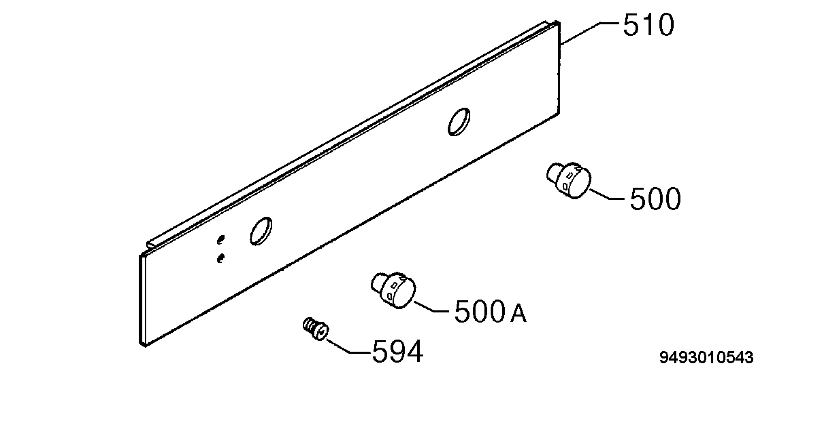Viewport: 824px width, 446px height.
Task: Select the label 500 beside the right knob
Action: (x=655, y=199)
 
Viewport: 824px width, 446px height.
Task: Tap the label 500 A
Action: (x=491, y=311)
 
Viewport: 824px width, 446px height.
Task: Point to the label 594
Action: (x=398, y=352)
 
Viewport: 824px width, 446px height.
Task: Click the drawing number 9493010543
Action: (x=706, y=357)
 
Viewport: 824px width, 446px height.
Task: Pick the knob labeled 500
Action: (x=569, y=180)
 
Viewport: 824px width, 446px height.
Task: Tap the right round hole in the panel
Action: (x=459, y=122)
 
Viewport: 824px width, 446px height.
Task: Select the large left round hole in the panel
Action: (x=261, y=231)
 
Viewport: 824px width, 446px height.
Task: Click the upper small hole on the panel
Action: (x=221, y=239)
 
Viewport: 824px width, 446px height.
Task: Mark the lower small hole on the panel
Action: (x=221, y=258)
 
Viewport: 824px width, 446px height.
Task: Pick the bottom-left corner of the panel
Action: (x=145, y=346)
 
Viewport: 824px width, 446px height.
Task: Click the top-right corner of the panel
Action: (x=559, y=23)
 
